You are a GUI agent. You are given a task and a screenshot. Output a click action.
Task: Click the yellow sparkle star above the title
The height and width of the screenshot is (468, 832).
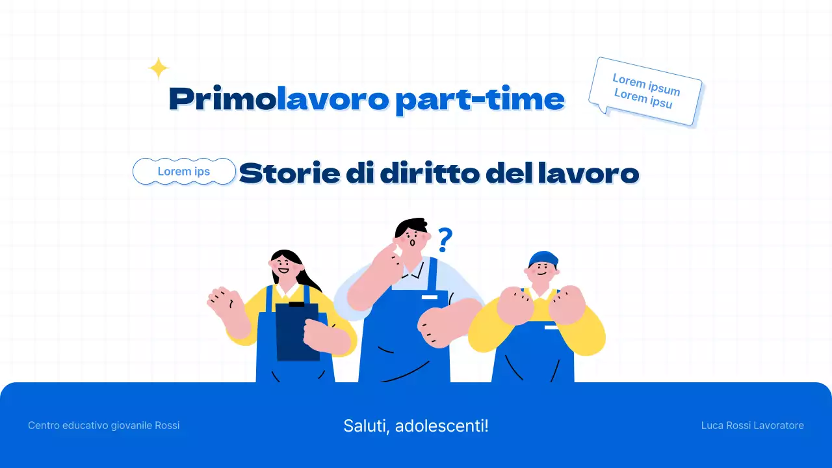coord(159,68)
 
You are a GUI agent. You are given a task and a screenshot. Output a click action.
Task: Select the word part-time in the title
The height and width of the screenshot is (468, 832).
coord(480,99)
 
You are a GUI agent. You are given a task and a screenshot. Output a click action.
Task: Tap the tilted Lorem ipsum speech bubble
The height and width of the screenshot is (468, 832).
coord(645,91)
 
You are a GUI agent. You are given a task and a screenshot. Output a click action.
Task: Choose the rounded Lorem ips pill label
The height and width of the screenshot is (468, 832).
coord(184,172)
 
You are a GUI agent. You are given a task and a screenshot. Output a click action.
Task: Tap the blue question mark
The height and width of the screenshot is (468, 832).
coord(445,240)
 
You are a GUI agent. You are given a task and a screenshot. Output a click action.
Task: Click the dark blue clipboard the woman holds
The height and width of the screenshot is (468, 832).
coord(297,331)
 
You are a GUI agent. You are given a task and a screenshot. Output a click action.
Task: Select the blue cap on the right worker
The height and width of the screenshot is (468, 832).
coord(543,258)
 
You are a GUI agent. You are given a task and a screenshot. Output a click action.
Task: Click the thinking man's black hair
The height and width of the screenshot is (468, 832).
coord(411,227)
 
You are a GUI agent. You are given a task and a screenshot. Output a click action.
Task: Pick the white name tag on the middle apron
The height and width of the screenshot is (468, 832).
coord(430,297)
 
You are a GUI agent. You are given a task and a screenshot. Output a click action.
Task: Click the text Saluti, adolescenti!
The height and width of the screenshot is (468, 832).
coord(416,426)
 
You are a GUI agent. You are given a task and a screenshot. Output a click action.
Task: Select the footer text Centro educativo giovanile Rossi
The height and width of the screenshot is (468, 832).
coord(104,426)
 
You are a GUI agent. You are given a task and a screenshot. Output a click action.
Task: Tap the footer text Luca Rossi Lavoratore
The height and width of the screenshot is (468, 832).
coord(752,426)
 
